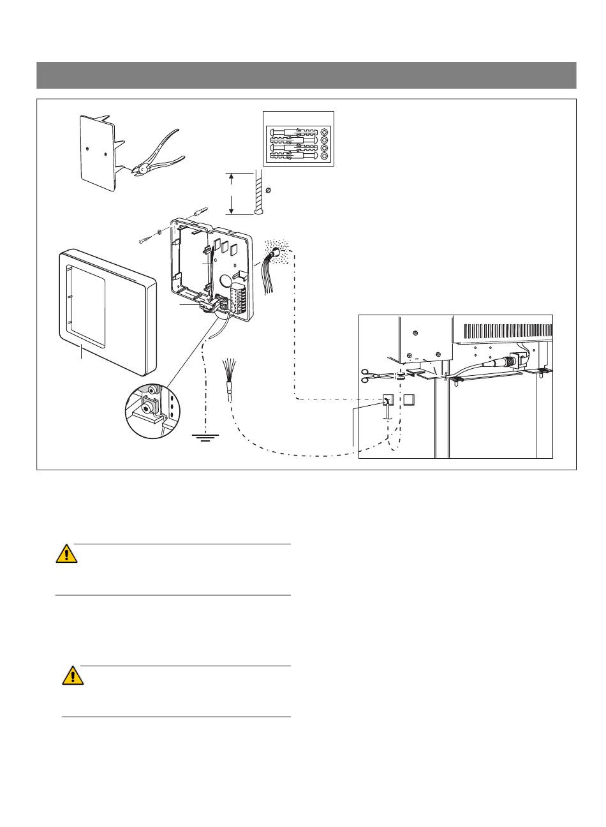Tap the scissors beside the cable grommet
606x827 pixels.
point(372,376)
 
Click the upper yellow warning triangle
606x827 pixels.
point(66,554)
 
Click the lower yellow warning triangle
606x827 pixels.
point(73,675)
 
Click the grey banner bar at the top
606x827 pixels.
point(306,75)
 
